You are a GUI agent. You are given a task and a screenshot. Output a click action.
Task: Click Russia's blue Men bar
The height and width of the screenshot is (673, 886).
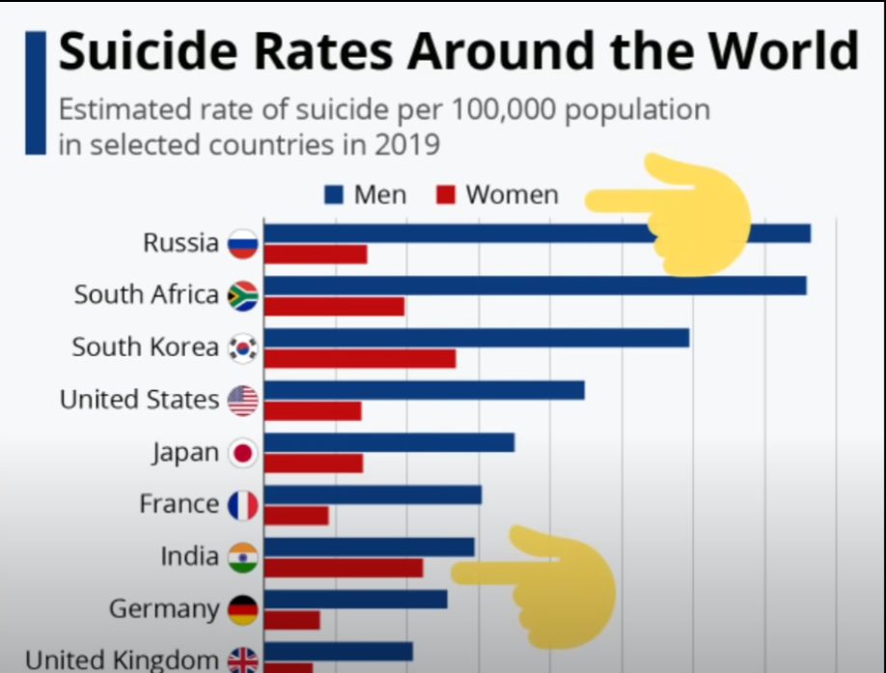[538, 234]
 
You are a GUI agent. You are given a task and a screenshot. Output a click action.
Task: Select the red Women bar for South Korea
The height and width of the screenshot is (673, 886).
[360, 359]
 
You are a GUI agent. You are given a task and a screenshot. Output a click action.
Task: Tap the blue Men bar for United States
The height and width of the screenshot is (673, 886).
[425, 390]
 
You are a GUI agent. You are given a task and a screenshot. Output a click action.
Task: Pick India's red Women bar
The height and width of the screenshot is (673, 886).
[344, 568]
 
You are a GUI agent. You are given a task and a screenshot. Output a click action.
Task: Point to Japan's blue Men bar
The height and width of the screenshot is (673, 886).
[389, 442]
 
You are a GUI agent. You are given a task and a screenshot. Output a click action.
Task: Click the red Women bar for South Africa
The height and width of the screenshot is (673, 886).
[334, 306]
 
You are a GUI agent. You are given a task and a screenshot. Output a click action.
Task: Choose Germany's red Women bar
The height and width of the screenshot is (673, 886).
[292, 620]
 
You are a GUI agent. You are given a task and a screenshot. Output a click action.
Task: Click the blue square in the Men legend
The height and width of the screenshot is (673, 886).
[334, 195]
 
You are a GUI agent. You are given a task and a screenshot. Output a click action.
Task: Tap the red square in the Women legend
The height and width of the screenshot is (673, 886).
[446, 195]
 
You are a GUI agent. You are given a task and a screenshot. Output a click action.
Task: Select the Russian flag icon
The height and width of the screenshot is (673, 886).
[243, 244]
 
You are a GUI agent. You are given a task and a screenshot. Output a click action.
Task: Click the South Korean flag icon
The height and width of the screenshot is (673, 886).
[243, 348]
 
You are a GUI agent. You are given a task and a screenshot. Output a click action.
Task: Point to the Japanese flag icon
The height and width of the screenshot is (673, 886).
[243, 453]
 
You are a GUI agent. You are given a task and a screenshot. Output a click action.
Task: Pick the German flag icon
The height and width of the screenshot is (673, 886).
[243, 609]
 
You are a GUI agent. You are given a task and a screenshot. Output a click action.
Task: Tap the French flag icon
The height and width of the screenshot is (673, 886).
[243, 505]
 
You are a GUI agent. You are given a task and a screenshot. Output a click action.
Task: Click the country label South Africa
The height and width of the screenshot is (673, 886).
[147, 294]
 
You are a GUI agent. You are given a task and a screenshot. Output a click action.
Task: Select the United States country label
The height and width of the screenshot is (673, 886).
[140, 400]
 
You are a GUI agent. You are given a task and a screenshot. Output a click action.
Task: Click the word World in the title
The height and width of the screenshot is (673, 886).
[785, 51]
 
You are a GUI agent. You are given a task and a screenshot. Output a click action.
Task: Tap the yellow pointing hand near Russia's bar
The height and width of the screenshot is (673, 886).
[673, 214]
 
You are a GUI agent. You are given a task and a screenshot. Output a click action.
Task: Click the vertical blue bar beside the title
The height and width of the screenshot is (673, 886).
[36, 94]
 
